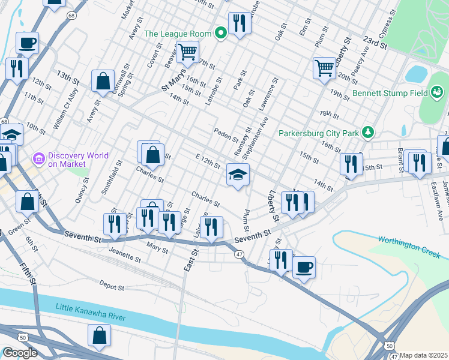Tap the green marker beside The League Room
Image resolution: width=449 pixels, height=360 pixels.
point(220,33)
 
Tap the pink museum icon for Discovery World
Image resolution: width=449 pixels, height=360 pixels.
point(39,159)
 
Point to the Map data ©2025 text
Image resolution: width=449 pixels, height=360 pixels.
point(424,355)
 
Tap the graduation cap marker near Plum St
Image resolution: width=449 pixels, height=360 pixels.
point(238,175)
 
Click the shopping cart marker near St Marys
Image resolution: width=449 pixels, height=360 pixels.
point(188,53)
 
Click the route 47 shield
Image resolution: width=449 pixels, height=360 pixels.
point(239,255)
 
